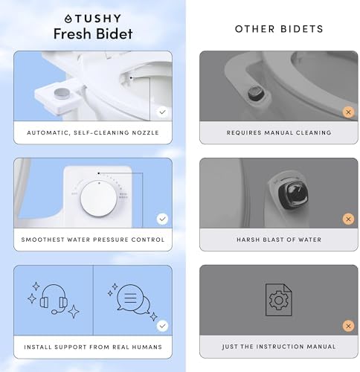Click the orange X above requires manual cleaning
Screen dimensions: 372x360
pos(347,112)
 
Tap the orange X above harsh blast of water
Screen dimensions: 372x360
pos(347,219)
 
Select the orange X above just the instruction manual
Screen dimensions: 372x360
pos(347,326)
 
